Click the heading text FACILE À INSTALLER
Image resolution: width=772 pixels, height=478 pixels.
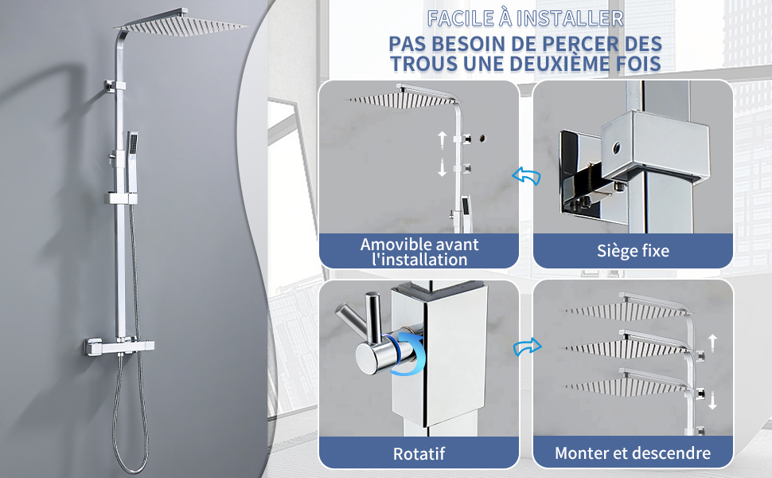(525, 19)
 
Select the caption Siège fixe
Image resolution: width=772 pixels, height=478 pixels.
(634, 251)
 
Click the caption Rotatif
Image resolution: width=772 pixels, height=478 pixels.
(419, 453)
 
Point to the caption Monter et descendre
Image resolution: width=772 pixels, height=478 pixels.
(633, 453)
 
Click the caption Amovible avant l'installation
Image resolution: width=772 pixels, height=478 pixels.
(419, 251)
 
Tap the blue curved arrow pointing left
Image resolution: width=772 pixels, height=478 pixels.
(526, 175)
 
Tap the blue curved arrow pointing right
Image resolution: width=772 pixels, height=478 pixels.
(528, 347)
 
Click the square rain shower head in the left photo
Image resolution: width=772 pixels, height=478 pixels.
(180, 23)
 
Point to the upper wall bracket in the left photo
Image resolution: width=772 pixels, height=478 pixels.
(114, 86)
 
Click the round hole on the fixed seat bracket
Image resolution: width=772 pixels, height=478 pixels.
(616, 147)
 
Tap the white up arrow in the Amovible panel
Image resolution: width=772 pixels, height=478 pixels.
(443, 140)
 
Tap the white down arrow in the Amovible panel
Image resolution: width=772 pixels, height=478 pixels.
(443, 167)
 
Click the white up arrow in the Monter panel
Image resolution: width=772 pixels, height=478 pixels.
(712, 342)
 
